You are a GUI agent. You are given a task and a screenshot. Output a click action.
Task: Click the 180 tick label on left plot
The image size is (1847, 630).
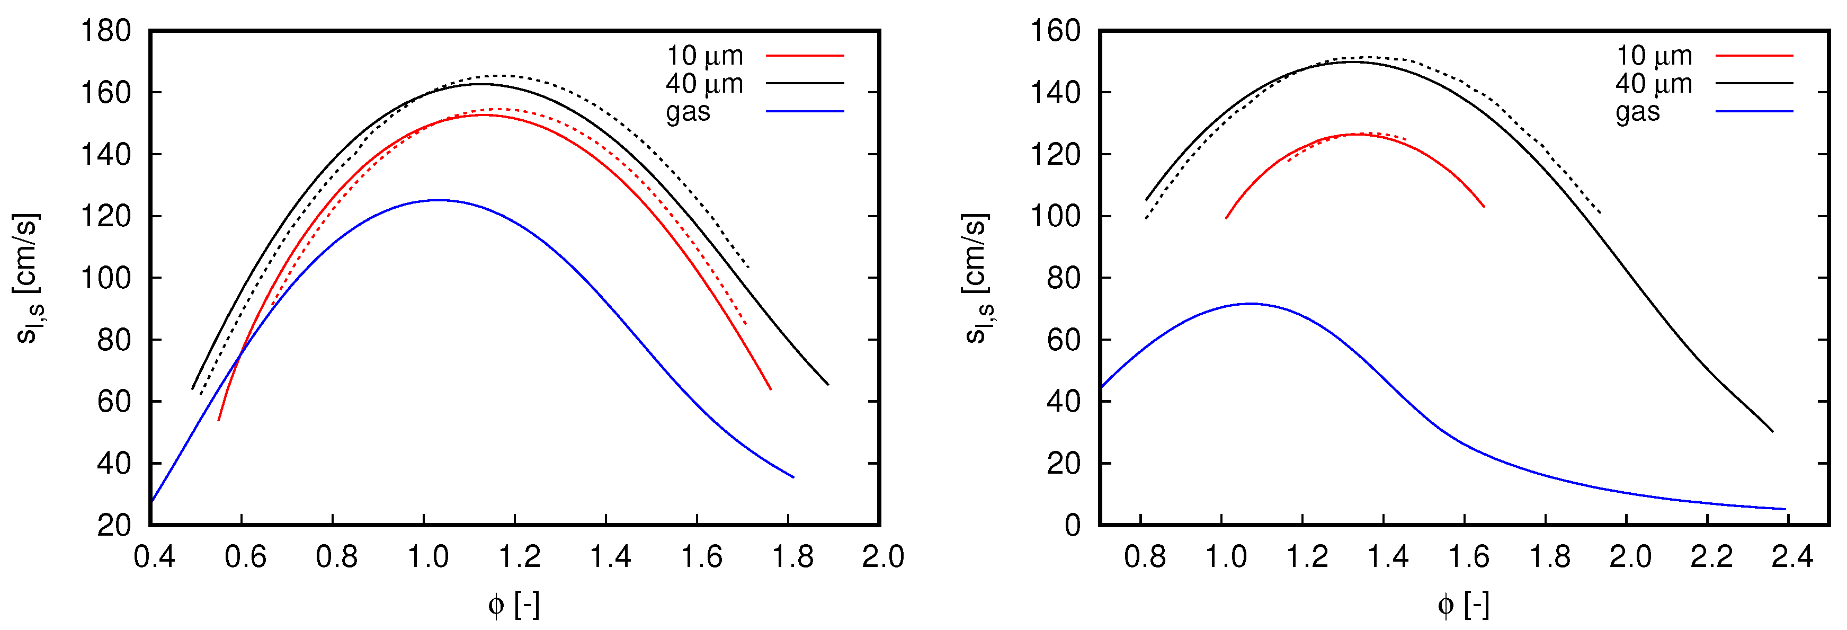pyautogui.click(x=105, y=32)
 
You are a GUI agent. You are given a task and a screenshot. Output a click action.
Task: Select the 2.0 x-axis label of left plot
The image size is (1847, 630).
pyautogui.click(x=882, y=557)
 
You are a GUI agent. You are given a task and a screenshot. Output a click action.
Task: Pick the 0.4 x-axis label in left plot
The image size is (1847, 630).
pyautogui.click(x=154, y=557)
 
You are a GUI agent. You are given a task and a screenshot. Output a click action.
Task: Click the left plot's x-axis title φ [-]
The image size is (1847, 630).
pyautogui.click(x=513, y=605)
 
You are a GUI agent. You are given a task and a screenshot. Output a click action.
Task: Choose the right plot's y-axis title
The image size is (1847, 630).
pyautogui.click(x=978, y=278)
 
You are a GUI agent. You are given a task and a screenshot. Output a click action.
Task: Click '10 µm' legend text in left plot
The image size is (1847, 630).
pyautogui.click(x=705, y=55)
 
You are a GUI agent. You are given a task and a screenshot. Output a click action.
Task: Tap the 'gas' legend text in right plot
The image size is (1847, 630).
pyautogui.click(x=1638, y=112)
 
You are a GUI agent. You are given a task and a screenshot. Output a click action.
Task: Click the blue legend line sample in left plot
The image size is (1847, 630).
pyautogui.click(x=805, y=112)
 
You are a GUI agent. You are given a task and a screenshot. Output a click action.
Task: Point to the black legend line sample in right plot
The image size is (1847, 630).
pyautogui.click(x=1754, y=84)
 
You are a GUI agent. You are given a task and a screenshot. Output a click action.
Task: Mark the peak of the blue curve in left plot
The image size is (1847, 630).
pyautogui.click(x=438, y=200)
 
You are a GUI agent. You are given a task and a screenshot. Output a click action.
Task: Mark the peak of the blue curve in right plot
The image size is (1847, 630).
pyautogui.click(x=1251, y=304)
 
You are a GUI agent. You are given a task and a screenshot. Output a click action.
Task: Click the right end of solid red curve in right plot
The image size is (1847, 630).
pyautogui.click(x=1484, y=207)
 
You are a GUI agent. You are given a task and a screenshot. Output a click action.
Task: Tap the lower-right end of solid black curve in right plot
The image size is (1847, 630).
pyautogui.click(x=1772, y=431)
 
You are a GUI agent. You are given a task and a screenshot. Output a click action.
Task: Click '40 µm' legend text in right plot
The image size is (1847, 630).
pyautogui.click(x=1654, y=84)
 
